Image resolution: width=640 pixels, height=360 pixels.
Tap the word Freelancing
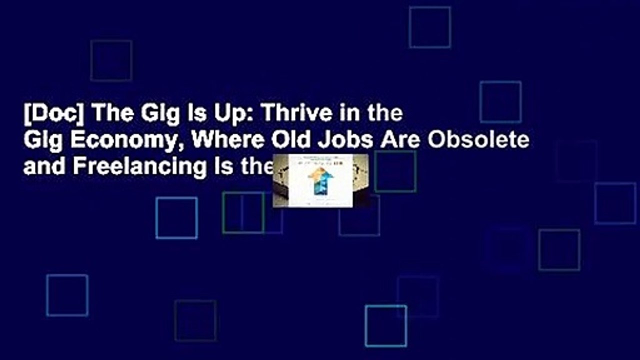[x=139, y=167]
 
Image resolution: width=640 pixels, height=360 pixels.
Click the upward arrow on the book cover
[x=320, y=180]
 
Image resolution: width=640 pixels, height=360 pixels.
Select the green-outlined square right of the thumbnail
[x=395, y=171]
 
